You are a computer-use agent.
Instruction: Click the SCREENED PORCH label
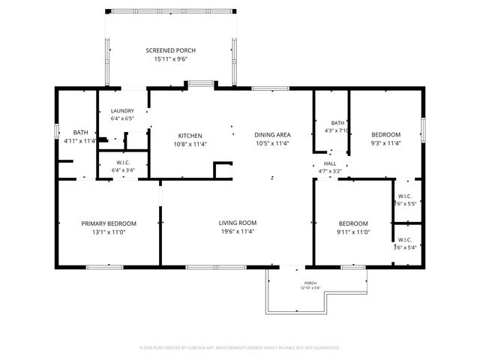coord(170,51)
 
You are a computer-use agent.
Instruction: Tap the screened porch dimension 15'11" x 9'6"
coord(170,59)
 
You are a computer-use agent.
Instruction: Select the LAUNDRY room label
coord(122,111)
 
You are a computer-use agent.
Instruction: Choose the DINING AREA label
coord(272,136)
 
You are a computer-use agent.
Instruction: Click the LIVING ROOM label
coord(238,223)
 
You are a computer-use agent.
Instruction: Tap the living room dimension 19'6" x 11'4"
coord(238,232)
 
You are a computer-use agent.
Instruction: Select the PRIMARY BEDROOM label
coord(109,223)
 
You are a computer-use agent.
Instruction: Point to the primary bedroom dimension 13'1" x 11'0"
coord(109,232)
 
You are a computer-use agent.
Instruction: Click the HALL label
coord(330,163)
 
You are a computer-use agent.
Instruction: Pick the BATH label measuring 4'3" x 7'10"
coord(337,123)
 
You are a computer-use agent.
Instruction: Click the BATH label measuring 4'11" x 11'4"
coord(81,132)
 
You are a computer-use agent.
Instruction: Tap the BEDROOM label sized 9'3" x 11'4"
coord(385,134)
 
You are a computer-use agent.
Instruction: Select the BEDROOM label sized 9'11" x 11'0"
coord(352,223)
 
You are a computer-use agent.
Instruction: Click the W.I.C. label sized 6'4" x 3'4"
coord(124,163)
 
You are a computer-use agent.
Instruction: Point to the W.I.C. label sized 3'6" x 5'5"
coord(406,197)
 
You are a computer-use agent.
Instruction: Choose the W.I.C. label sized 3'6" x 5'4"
coord(406,241)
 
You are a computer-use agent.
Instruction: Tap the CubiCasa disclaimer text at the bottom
coord(240,348)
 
